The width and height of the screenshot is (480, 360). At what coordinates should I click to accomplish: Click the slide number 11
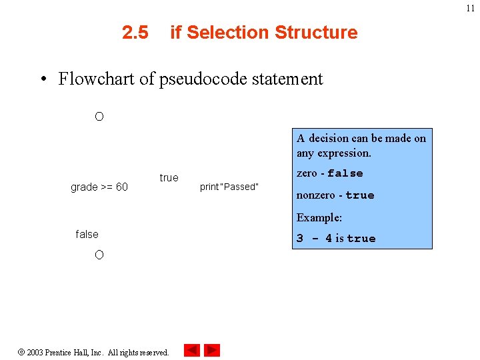(x=470, y=9)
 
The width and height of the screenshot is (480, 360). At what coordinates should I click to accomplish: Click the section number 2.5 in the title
(x=135, y=33)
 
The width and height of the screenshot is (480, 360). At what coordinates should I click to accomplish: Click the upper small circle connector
(x=99, y=117)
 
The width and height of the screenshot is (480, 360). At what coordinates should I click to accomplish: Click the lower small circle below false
(x=99, y=255)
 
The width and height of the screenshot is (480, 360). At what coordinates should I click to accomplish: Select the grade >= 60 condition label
(x=99, y=187)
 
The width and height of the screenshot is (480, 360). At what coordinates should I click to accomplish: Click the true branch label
(x=169, y=177)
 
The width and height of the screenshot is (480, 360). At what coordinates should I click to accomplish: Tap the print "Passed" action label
(x=229, y=187)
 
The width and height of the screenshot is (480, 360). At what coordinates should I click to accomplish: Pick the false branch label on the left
(x=87, y=234)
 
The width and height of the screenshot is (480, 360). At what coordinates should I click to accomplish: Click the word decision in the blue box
(x=329, y=139)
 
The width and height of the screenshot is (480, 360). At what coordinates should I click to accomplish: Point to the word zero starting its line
(x=307, y=173)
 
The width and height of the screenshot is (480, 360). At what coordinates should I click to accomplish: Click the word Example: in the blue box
(x=319, y=217)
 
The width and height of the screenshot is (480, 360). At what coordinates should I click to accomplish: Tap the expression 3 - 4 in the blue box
(x=314, y=239)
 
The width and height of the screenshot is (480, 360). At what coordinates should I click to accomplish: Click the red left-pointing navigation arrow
(x=192, y=350)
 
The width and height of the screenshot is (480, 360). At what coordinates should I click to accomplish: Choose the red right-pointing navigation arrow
(x=212, y=350)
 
